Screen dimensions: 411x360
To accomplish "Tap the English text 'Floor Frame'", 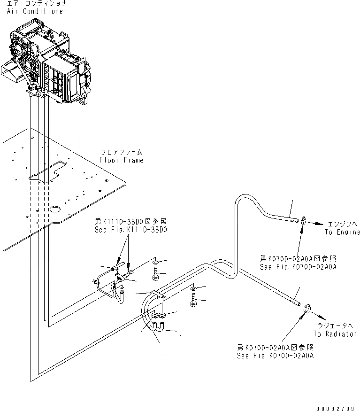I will [x=121, y=160].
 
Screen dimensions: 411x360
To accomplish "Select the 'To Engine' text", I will [x=342, y=232].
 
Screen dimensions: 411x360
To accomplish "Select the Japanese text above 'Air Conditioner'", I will [x=37, y=3].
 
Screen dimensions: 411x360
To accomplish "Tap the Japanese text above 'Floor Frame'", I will [x=121, y=153].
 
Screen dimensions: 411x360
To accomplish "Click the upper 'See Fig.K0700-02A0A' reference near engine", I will [x=298, y=262].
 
